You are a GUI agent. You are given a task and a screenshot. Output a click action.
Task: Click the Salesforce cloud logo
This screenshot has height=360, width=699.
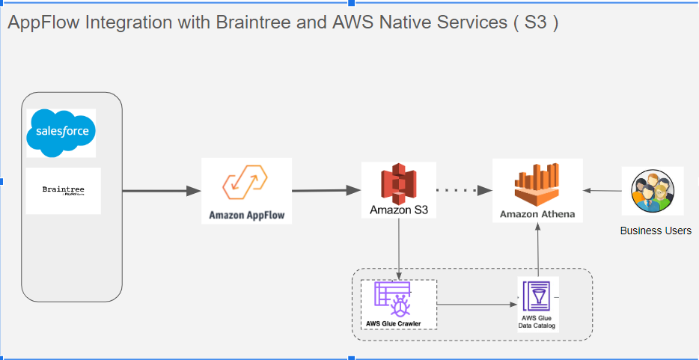pos(61,132)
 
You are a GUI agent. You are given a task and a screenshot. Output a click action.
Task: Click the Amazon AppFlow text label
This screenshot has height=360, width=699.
pos(246,216)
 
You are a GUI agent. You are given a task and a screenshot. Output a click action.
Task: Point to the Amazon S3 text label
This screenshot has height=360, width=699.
pos(398,210)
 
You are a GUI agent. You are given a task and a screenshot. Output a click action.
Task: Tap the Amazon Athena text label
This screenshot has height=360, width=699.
pos(537,214)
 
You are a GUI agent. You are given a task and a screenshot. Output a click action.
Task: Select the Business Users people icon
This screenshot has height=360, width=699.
pos(653,191)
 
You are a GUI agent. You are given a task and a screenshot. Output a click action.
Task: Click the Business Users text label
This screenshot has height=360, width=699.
pos(656,231)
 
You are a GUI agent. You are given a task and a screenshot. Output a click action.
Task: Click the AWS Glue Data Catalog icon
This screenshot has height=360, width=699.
pos(537,296)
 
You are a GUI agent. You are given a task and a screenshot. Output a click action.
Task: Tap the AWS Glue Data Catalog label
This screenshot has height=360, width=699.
pos(537,322)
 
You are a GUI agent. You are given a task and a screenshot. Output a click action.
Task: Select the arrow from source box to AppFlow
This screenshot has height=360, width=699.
pos(161,191)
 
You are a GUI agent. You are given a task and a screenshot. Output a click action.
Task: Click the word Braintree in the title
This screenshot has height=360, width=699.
pos(254,22)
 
